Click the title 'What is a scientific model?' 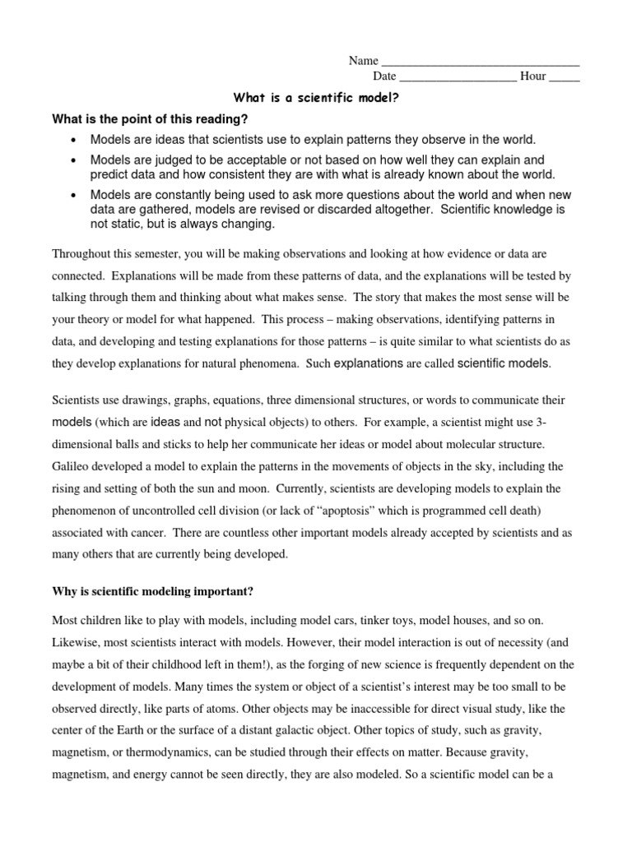click(x=316, y=98)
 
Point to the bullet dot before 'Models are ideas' click(x=75, y=141)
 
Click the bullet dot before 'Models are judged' click(x=75, y=160)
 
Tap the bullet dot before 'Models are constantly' click(x=75, y=196)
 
